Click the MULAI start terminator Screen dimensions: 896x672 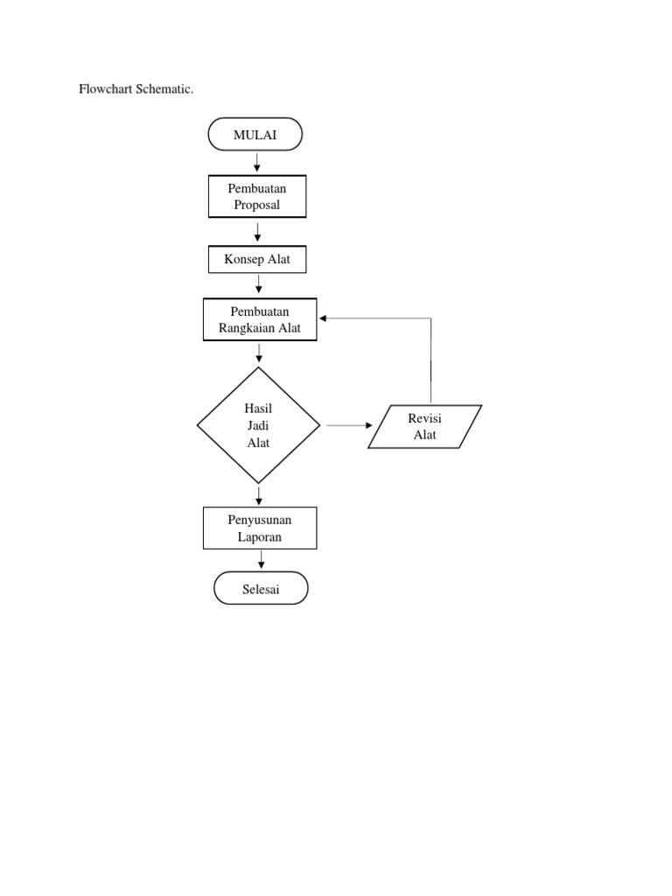coord(255,135)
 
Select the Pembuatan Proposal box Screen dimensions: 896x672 coord(256,197)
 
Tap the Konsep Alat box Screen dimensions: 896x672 coord(257,260)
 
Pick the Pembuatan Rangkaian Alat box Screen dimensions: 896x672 coord(259,319)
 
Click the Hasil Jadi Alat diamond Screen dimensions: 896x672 coord(258,425)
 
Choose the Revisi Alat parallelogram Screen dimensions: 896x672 coord(424,427)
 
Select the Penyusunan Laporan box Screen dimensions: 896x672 coord(259,528)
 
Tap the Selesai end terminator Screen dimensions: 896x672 coord(261,588)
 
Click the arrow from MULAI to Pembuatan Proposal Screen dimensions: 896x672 coord(257,163)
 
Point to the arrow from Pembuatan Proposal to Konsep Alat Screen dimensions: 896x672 coord(257,232)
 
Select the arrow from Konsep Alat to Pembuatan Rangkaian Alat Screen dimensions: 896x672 coord(259,285)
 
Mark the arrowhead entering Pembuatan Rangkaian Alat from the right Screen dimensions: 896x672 coord(324,319)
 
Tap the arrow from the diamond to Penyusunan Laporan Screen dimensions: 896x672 coord(259,495)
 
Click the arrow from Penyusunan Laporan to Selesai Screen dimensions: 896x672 coord(260,561)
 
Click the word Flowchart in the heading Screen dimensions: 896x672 coord(106,90)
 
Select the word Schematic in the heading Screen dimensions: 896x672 coord(164,90)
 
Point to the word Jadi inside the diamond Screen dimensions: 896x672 coord(258,426)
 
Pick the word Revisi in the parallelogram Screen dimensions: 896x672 coord(424,419)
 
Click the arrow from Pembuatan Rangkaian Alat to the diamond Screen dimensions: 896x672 coord(259,353)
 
